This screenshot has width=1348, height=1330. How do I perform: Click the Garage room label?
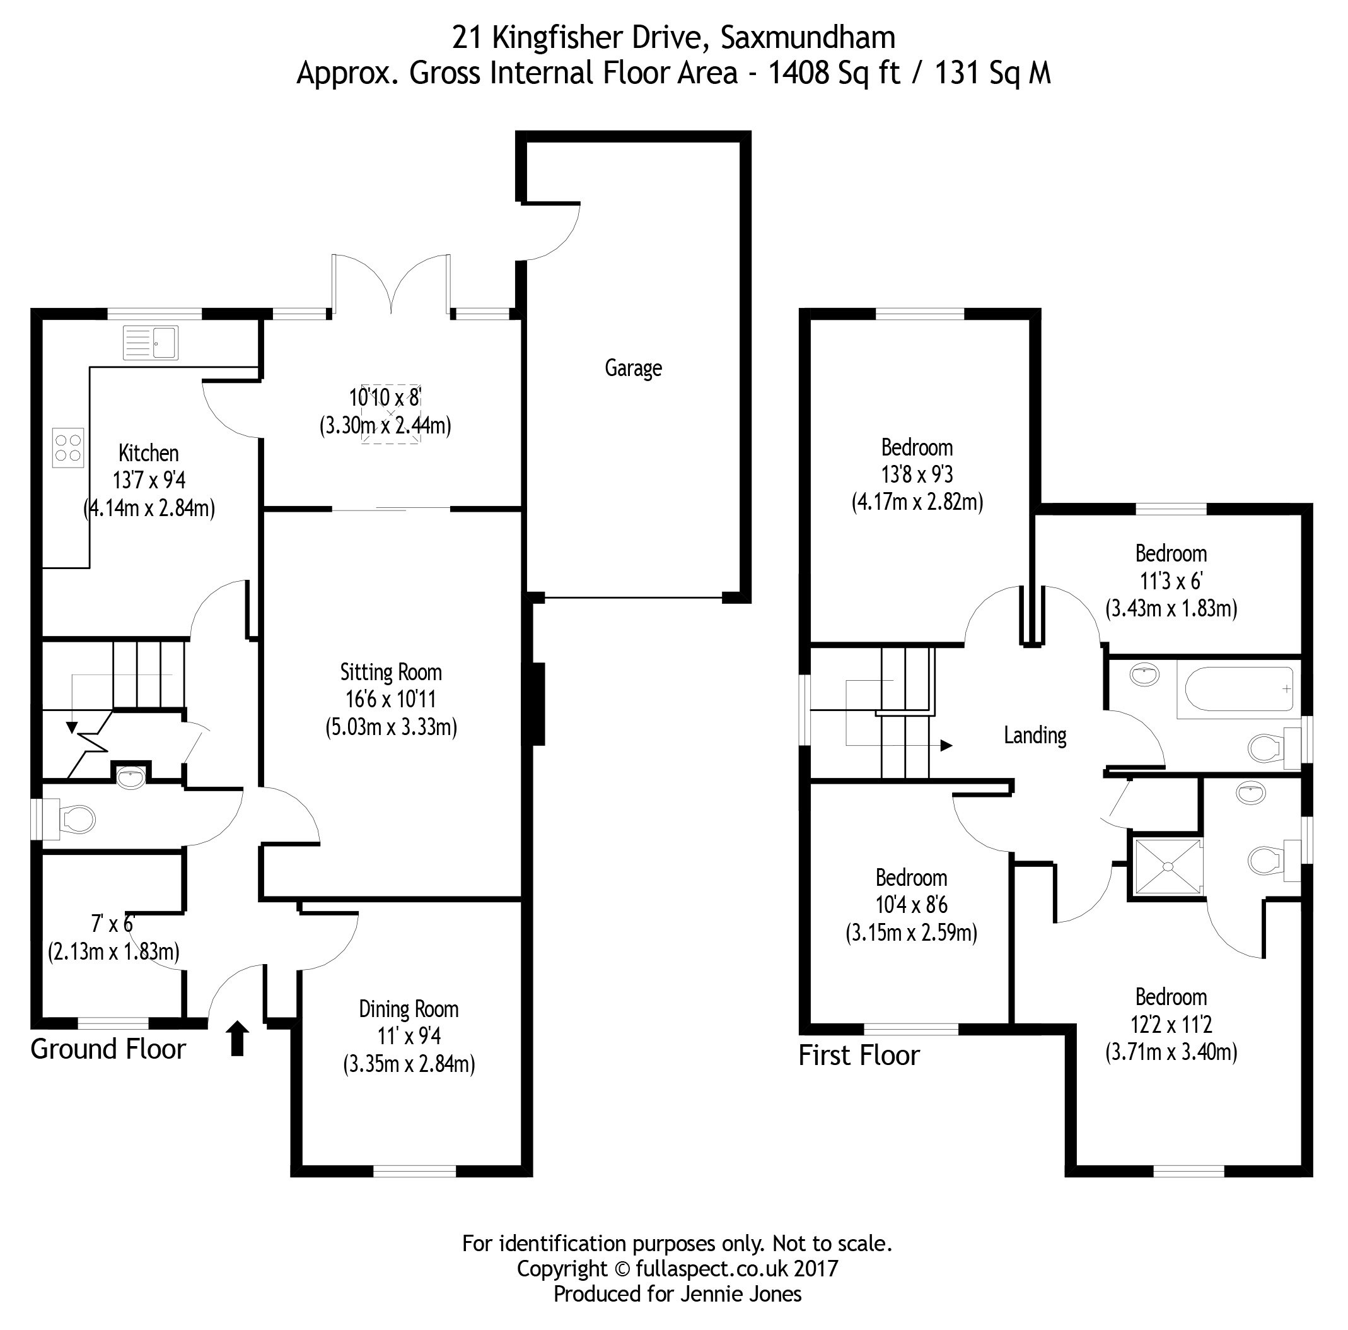(x=633, y=368)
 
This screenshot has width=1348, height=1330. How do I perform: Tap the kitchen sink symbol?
(x=151, y=343)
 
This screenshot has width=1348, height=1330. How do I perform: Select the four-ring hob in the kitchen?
(x=68, y=447)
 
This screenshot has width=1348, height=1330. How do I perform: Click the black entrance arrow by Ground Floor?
(x=237, y=1037)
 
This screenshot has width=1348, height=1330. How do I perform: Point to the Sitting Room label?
(x=391, y=673)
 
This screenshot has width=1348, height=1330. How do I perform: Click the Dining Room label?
(x=408, y=1009)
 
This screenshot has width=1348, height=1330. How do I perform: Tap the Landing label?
(x=1035, y=735)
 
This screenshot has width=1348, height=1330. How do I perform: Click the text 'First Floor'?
(x=858, y=1056)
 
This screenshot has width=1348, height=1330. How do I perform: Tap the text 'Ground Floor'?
(x=108, y=1049)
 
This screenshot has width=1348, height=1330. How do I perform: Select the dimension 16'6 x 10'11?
(x=391, y=699)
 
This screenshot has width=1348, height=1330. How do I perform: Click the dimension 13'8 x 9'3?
(x=917, y=474)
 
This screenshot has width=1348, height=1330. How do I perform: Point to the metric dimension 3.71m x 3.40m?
(x=1171, y=1051)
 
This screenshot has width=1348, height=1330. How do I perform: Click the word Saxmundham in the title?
(x=807, y=38)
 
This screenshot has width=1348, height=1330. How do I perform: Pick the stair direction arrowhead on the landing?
(x=946, y=746)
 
